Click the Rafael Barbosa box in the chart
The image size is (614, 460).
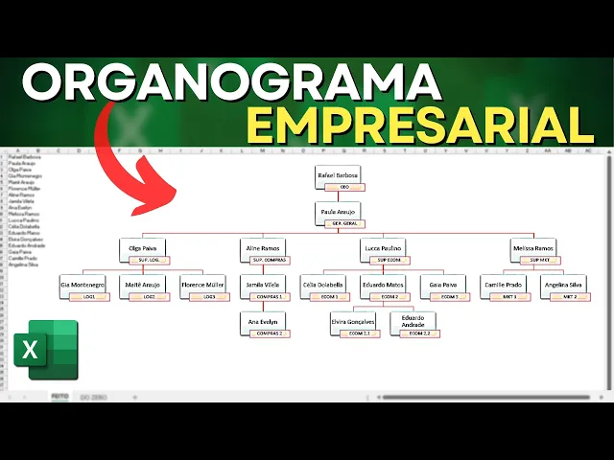[338, 176]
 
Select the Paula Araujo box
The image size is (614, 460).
[338, 211]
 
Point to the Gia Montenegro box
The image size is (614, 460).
[83, 285]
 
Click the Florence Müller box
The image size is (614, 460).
[203, 285]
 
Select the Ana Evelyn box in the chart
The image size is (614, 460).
[264, 322]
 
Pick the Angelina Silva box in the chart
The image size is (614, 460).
[563, 285]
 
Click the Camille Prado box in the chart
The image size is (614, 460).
[504, 285]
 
